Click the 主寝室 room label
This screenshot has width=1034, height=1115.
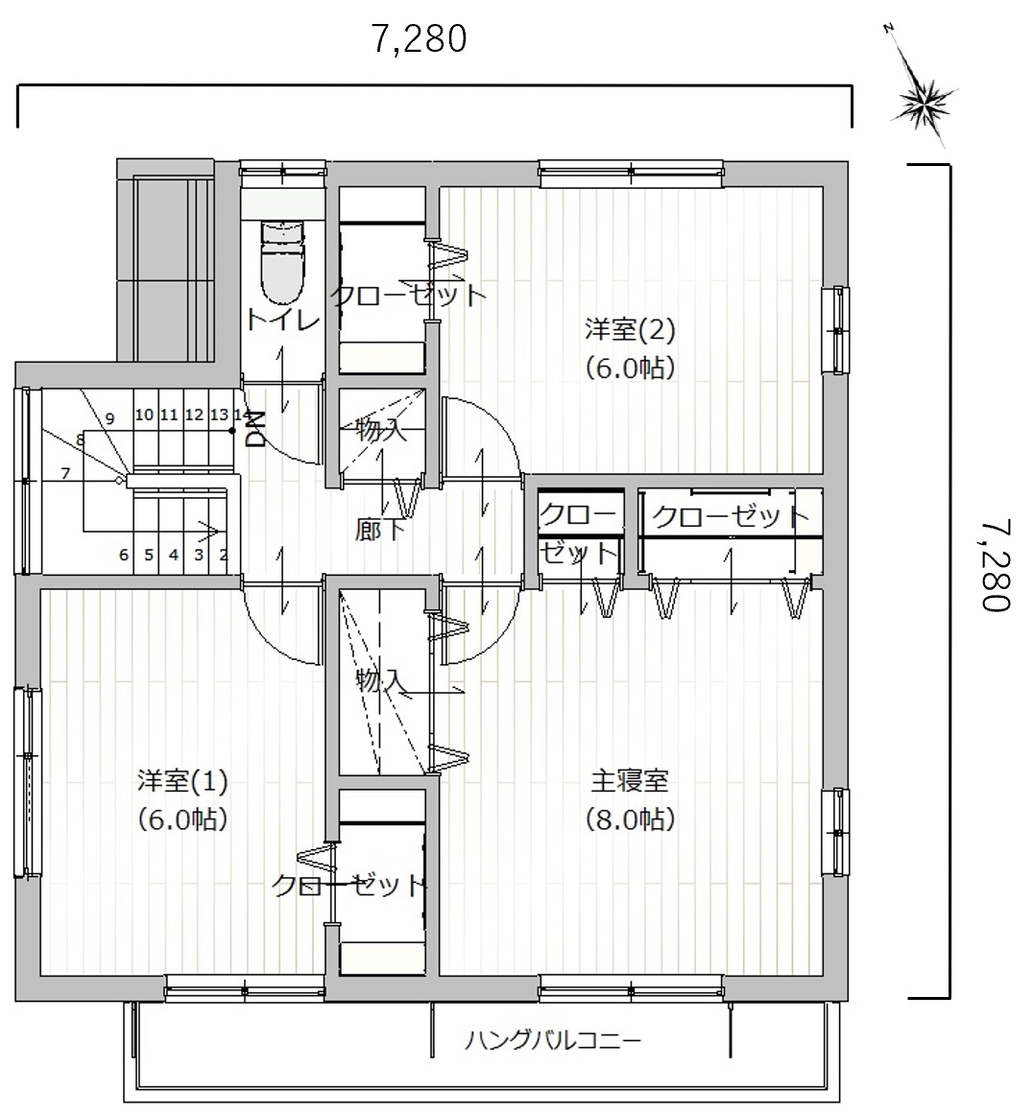[630, 781]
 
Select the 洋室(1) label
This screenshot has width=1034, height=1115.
[182, 781]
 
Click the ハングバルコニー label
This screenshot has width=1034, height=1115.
[553, 1041]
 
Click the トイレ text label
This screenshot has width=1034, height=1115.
[282, 320]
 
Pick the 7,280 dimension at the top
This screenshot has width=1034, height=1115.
[420, 39]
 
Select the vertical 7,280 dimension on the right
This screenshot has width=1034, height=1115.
[995, 564]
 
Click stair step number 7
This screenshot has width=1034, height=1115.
[65, 472]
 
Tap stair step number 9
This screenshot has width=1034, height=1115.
[109, 418]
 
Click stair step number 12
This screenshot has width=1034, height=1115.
[194, 414]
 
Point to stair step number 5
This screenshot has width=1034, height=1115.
[148, 554]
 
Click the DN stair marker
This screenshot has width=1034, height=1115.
[255, 430]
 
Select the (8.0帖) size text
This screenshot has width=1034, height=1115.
[630, 819]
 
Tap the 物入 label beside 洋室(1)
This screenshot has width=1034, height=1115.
[380, 682]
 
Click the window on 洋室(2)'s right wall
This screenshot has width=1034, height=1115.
[837, 330]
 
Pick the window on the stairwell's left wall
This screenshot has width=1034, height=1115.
[26, 480]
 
